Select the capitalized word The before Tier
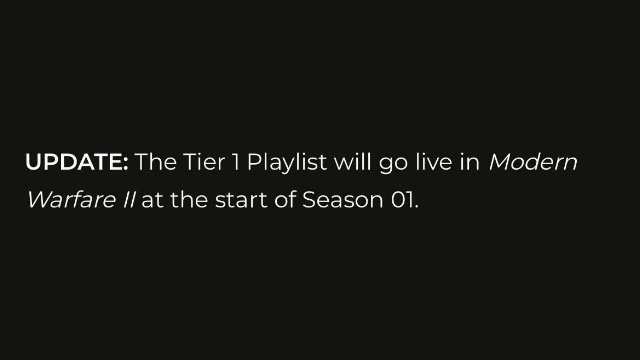156,162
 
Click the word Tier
204,162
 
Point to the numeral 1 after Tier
236,162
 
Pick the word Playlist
287,163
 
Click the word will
353,162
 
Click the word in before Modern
470,162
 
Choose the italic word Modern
533,162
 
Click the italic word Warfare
71,199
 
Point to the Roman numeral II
129,200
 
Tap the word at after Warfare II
152,200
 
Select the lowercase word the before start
189,199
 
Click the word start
241,200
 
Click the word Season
343,200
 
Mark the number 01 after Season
401,200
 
